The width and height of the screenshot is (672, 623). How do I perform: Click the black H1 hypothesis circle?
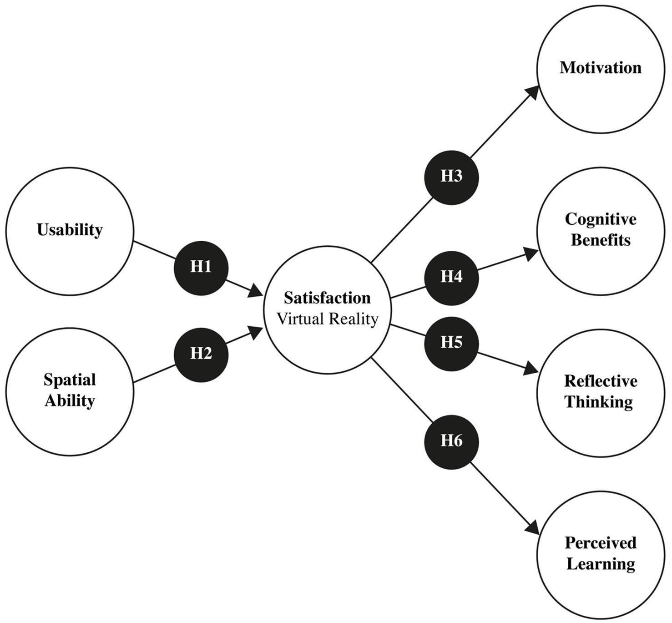coord(201,267)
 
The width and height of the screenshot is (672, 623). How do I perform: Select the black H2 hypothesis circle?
coord(201,353)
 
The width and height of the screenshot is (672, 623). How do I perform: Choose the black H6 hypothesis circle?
coord(451,441)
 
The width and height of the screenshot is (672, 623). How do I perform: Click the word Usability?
coord(70,230)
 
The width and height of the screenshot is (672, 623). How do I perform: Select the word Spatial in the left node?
coord(70,380)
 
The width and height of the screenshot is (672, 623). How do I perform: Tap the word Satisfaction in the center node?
coord(327,298)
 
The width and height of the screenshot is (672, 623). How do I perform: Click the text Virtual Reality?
coord(327,319)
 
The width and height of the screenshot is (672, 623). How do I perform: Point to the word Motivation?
coord(600,68)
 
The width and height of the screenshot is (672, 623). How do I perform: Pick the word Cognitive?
coord(600,219)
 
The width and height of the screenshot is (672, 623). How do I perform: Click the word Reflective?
coord(600,381)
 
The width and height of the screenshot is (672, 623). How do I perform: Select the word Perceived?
coord(600,543)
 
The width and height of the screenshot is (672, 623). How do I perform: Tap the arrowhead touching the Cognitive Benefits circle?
coord(530,254)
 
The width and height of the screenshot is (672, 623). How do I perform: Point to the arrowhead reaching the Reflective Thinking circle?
coord(530,368)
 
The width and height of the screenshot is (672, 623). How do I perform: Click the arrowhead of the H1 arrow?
coord(256,291)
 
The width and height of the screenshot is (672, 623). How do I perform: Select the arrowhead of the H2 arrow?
coord(256,331)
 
